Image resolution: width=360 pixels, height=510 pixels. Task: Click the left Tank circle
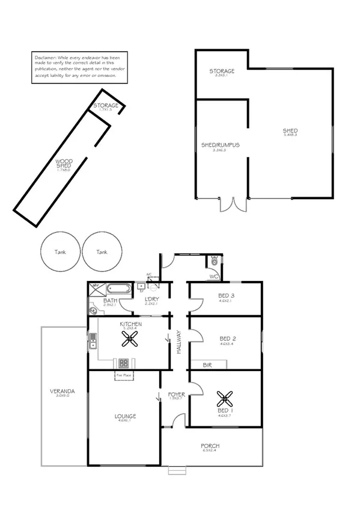tap(59, 252)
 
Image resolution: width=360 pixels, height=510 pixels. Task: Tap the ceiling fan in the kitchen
tap(129, 340)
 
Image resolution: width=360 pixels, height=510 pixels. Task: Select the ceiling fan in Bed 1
tap(225, 398)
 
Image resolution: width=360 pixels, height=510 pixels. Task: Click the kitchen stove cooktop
tap(124, 363)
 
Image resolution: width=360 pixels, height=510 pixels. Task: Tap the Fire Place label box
tap(124, 375)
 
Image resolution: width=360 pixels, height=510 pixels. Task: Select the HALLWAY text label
tap(179, 342)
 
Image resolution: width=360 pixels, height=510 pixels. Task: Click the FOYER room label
tap(176, 396)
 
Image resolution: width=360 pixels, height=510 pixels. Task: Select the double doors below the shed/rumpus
tap(233, 204)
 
